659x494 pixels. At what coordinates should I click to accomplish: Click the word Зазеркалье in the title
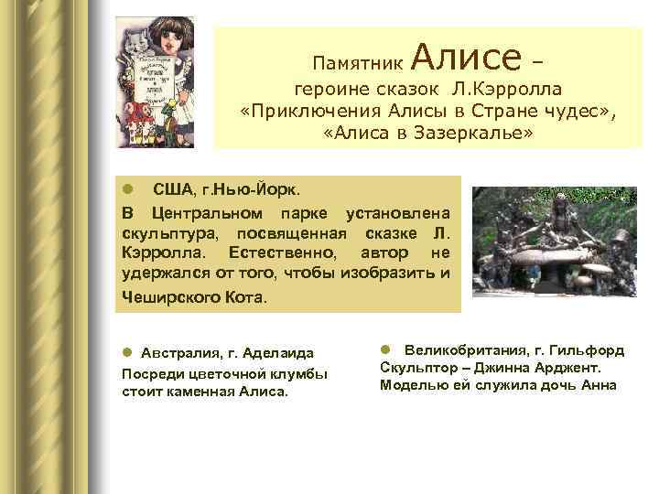(473, 134)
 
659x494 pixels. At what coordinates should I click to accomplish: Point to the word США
(173, 189)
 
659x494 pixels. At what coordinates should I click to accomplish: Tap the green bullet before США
(129, 189)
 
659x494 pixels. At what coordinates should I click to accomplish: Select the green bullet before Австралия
(128, 353)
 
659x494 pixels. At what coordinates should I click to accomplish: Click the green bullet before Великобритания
(386, 350)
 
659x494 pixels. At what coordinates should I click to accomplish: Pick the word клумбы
(301, 373)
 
